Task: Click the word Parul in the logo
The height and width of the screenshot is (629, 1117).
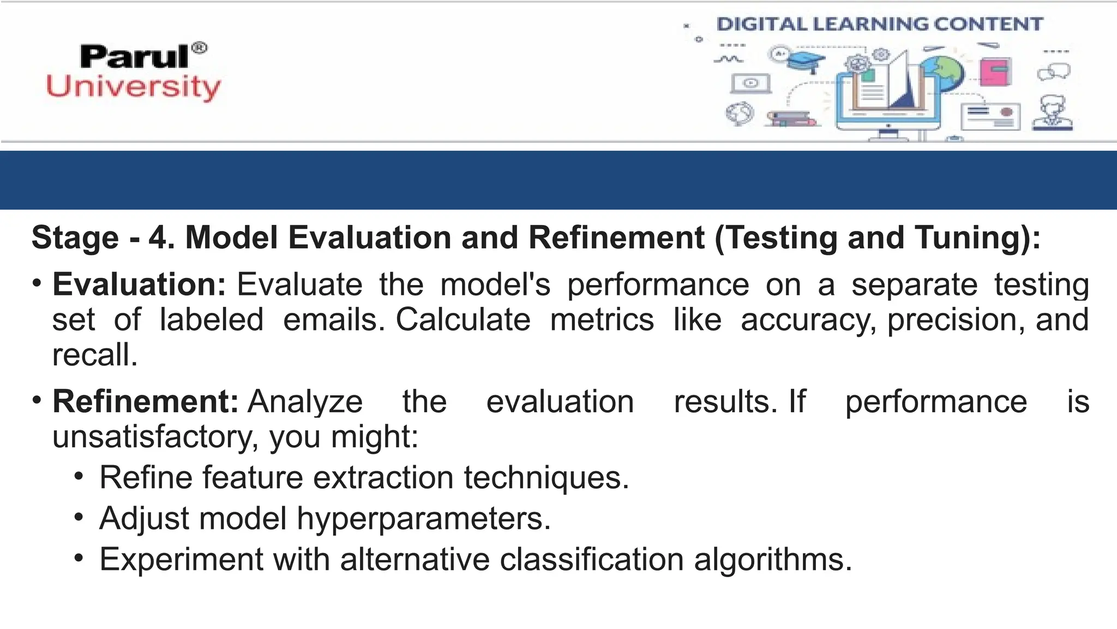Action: pos(134,57)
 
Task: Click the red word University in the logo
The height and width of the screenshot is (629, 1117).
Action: pos(134,87)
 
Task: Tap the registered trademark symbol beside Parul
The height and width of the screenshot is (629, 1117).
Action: pos(200,48)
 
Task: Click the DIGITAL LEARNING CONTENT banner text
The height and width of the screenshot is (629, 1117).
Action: pos(879,25)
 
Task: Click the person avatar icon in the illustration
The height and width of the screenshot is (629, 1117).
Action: pos(1052,113)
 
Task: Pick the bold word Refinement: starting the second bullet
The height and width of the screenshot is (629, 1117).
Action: pos(145,402)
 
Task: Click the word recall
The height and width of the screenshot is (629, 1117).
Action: pos(94,355)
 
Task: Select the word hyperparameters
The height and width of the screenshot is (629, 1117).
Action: pos(423,518)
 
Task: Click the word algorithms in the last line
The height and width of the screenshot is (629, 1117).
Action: pos(772,560)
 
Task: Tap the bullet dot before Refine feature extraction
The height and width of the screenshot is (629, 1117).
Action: pos(79,477)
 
